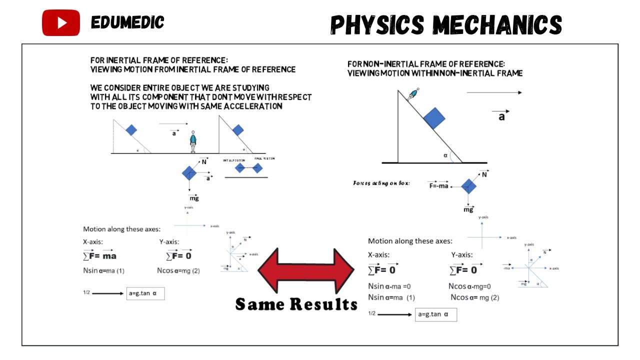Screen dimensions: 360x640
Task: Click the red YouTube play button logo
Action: tap(61, 23)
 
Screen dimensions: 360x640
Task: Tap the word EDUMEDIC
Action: tap(127, 22)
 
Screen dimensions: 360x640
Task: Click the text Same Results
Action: tap(296, 304)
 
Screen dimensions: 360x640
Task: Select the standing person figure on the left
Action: tap(193, 141)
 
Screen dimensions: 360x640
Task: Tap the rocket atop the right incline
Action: tap(413, 94)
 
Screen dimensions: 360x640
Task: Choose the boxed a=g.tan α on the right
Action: tap(435, 315)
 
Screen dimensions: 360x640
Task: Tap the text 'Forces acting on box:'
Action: tap(381, 183)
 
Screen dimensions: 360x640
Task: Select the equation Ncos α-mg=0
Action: tap(469, 286)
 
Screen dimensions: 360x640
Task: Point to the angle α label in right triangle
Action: tap(445, 155)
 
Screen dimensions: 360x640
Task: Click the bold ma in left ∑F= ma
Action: tap(109, 256)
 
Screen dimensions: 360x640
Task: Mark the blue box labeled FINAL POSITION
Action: tap(257, 168)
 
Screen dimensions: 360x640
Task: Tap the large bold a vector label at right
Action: tap(501, 117)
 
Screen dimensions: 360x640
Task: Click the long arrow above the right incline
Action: tap(494, 92)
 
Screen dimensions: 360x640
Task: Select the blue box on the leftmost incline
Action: tap(131, 130)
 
